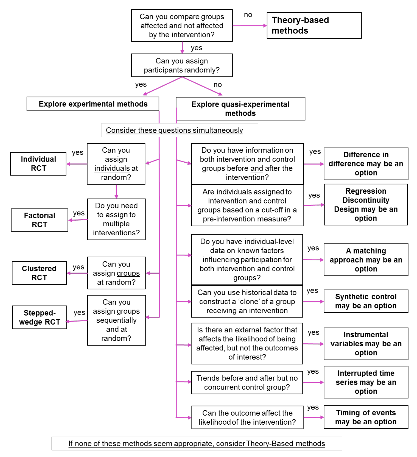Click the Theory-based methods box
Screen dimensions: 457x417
click(314, 25)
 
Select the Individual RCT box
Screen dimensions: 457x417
click(38, 164)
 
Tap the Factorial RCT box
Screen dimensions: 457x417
click(39, 220)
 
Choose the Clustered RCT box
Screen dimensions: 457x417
click(39, 273)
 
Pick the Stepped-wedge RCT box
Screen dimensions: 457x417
click(39, 317)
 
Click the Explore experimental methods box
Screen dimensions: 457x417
click(93, 104)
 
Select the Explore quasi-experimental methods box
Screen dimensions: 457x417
click(240, 109)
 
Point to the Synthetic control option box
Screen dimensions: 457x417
click(366, 301)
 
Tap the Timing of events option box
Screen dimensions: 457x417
click(366, 417)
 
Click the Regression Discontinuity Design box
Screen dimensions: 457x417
click(366, 205)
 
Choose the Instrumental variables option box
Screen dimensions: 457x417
click(366, 344)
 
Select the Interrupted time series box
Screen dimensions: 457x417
click(366, 382)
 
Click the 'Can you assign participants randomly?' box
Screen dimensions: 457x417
click(182, 65)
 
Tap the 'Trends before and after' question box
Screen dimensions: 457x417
click(247, 382)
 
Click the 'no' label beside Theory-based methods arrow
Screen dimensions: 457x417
click(248, 15)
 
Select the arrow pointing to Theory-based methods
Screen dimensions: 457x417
click(249, 26)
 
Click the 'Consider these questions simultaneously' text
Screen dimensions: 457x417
click(174, 130)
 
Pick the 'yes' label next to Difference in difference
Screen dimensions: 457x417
click(315, 152)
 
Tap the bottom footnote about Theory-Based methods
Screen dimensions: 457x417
click(197, 443)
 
